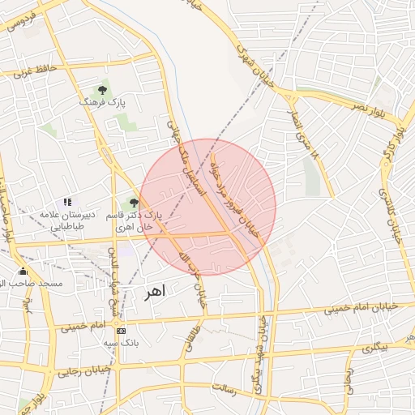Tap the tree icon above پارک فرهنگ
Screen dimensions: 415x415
point(102,90)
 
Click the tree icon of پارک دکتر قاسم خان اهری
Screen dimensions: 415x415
point(134,203)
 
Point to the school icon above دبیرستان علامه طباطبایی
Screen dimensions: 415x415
point(67,202)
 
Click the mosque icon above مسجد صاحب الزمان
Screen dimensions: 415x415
point(22,272)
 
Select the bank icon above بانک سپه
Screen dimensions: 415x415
point(121,331)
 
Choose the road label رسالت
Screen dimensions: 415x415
point(224,389)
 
